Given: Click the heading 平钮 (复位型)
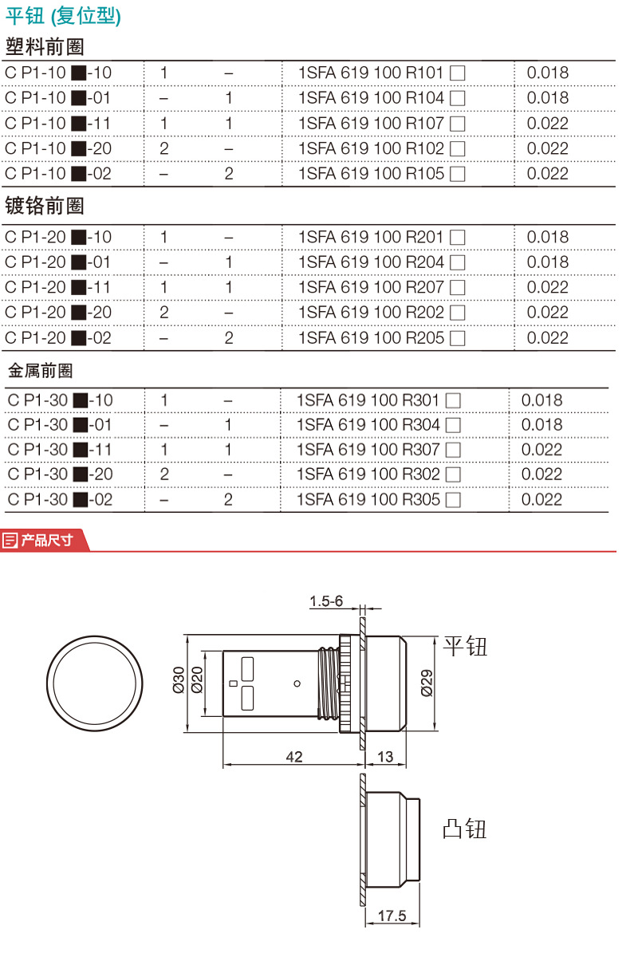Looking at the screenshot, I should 64,16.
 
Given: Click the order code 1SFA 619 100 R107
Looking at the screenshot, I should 371,124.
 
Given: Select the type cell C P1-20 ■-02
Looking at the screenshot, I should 58,337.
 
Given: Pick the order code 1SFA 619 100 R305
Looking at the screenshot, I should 368,500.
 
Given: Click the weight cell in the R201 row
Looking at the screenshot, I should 548,237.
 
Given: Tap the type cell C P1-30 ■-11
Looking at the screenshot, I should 60,450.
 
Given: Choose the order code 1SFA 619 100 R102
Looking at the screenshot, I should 371,148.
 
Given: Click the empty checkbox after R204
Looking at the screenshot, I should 458,262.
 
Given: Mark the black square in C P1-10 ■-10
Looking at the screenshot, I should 78,73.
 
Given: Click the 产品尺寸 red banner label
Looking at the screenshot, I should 46,540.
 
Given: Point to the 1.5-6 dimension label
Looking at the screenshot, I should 326,601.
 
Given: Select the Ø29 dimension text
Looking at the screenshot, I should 427,682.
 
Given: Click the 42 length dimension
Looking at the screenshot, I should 294,756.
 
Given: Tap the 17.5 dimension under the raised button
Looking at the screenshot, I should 392,916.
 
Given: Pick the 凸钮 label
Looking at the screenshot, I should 464,829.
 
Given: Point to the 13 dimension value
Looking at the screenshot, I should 385,756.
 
